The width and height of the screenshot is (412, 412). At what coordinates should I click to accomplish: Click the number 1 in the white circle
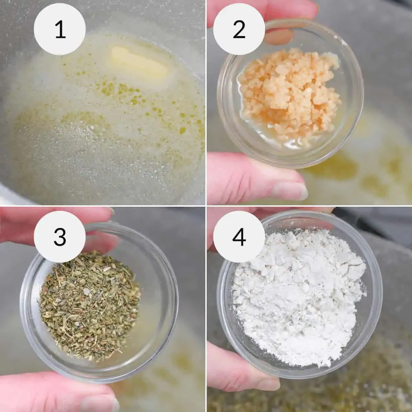pos(60,30)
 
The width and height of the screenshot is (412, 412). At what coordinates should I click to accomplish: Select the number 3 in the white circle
pos(60,237)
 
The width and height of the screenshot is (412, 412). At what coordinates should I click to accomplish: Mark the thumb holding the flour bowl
pos(240,371)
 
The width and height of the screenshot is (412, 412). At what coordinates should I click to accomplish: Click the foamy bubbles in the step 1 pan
pos(86,154)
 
